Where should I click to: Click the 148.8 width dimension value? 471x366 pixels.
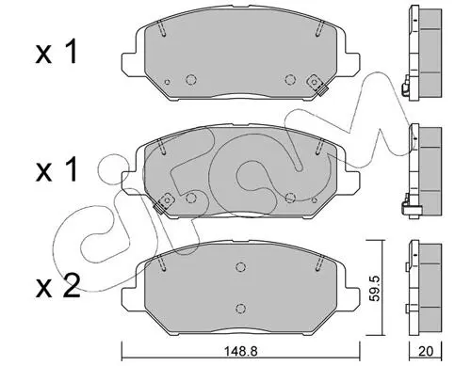pos(240,351)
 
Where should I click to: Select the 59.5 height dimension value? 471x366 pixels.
pos(375,289)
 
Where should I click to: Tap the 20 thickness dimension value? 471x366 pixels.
pos(426,351)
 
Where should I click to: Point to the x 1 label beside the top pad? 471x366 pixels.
pos(57,53)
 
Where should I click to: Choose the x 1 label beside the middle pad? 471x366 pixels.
pos(57,169)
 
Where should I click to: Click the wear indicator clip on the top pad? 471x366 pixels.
pos(317,85)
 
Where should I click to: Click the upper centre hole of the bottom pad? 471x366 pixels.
pos(240,267)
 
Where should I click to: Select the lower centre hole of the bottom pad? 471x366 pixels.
pos(240,308)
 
